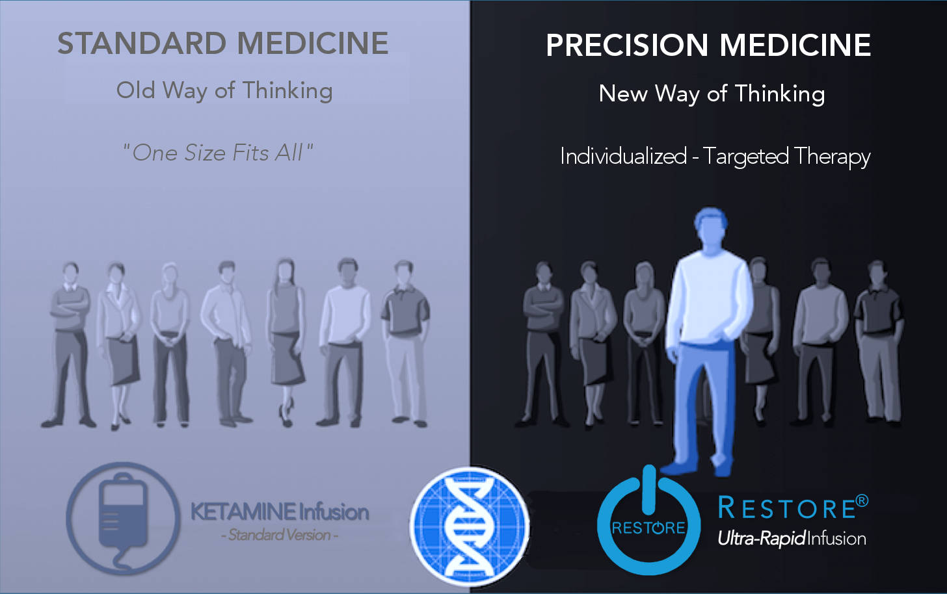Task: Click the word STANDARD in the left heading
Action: point(142,44)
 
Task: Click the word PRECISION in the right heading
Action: point(626,45)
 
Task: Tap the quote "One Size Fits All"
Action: point(218,153)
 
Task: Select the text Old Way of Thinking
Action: point(224,90)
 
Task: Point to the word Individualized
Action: point(623,156)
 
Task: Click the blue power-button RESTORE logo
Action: point(648,521)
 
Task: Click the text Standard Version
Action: point(280,536)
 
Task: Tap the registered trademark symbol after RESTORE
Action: point(862,501)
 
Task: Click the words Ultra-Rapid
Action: point(762,539)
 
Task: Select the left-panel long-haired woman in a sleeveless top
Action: point(286,342)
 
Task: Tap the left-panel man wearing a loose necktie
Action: point(227,343)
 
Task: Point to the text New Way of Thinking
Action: point(712,94)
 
